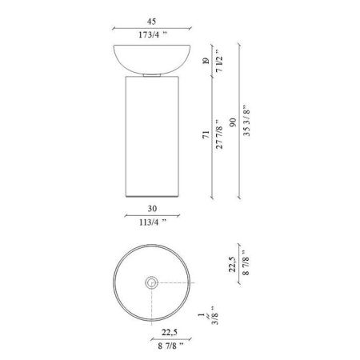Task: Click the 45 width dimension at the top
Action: pyautogui.click(x=151, y=22)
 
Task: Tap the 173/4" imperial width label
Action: pyautogui.click(x=152, y=34)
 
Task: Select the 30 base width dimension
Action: pyautogui.click(x=152, y=209)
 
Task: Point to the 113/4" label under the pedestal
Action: pyautogui.click(x=153, y=222)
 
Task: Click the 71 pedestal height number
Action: pyautogui.click(x=206, y=134)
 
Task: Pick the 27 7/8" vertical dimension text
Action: pyautogui.click(x=219, y=134)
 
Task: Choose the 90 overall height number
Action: pyautogui.click(x=233, y=122)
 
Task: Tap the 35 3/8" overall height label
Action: pyautogui.click(x=246, y=120)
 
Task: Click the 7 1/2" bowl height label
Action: pyautogui.click(x=219, y=61)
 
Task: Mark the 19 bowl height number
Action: pyautogui.click(x=206, y=62)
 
